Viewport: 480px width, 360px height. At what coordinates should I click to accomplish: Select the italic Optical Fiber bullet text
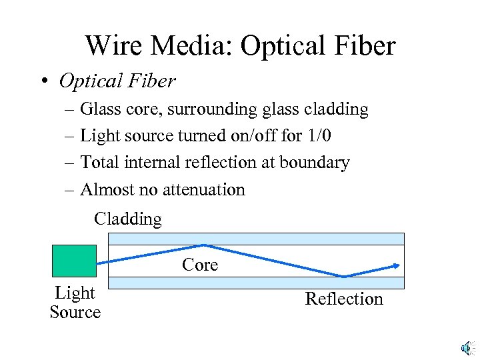[117, 81]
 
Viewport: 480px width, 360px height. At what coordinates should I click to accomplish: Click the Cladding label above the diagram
[128, 219]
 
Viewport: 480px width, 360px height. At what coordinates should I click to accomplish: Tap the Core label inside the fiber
[200, 265]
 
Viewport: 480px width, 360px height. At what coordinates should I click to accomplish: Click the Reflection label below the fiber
[344, 299]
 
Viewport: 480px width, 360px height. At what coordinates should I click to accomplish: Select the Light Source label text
[75, 302]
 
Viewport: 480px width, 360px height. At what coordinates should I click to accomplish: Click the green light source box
[74, 261]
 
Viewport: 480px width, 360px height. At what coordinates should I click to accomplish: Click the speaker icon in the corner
[467, 347]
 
